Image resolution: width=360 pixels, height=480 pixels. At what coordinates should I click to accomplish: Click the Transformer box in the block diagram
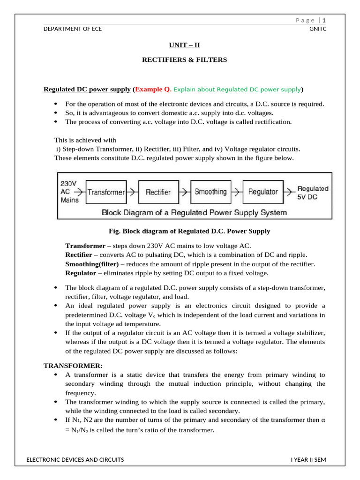coord(106,192)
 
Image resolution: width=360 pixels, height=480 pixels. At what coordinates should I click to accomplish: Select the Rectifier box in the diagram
coord(158,192)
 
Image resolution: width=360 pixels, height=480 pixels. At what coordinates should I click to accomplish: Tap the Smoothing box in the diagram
coord(210,192)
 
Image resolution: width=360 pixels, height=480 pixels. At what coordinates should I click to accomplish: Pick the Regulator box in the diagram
coord(262,192)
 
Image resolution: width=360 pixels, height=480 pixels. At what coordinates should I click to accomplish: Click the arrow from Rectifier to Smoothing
coord(185,192)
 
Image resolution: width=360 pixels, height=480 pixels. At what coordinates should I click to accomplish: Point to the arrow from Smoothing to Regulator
coord(237,192)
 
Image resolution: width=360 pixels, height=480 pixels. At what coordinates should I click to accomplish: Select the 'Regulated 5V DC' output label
coord(313,193)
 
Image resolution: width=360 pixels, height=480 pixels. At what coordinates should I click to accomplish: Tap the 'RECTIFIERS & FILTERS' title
coord(184,60)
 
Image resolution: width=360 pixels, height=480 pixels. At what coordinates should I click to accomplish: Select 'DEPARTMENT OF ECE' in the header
coord(72,29)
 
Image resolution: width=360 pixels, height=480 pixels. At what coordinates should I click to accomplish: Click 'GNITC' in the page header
coord(317,29)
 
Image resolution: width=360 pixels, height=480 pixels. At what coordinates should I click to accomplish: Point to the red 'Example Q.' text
coord(153,90)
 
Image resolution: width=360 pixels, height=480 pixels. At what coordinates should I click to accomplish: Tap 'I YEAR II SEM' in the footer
coord(308,460)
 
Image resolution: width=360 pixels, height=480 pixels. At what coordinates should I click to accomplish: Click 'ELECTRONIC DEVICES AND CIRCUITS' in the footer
coord(75,460)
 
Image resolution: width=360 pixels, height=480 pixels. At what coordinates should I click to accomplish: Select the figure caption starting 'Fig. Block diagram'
coord(189,232)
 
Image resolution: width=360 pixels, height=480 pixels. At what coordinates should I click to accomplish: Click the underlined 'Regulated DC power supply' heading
coord(87,90)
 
